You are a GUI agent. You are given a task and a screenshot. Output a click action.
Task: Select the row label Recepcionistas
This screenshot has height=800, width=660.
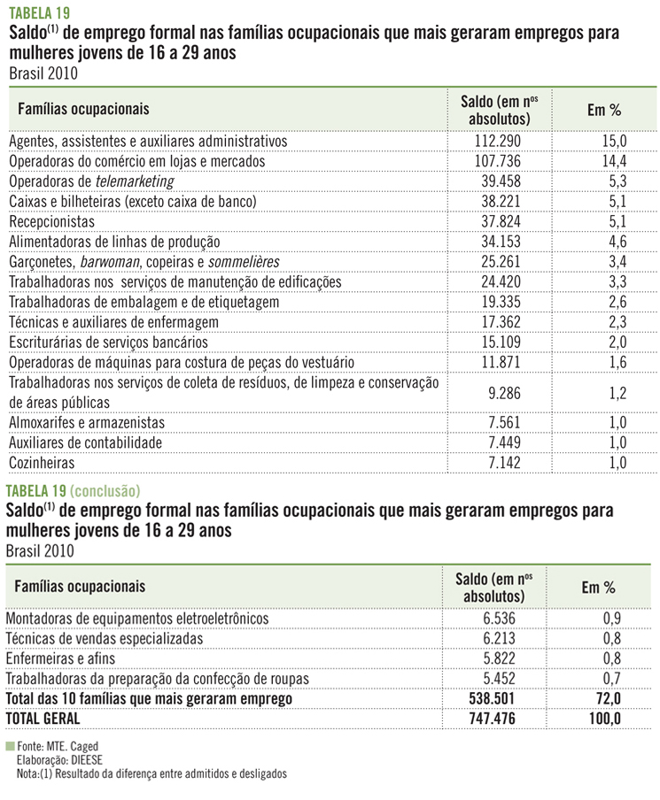(51, 221)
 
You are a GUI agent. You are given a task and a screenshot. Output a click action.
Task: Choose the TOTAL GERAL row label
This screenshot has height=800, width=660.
(50, 717)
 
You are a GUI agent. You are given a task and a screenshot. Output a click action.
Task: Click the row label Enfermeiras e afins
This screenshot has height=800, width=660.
(60, 658)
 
